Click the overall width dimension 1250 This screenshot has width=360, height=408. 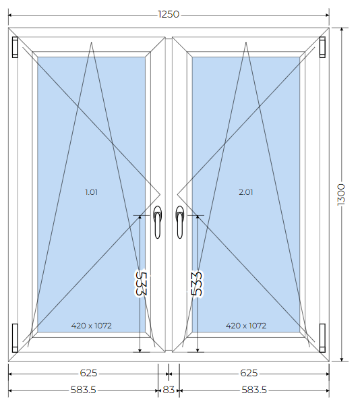(169, 14)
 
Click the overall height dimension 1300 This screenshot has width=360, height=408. (341, 195)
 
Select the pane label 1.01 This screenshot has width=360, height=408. (91, 192)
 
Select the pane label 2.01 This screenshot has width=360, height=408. (246, 192)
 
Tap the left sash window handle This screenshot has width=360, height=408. (157, 222)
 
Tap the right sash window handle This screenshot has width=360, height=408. (179, 222)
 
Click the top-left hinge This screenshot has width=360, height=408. (15, 47)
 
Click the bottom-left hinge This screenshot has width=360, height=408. (15, 338)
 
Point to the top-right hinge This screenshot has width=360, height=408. (322, 47)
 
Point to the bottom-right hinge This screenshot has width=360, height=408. (322, 338)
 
